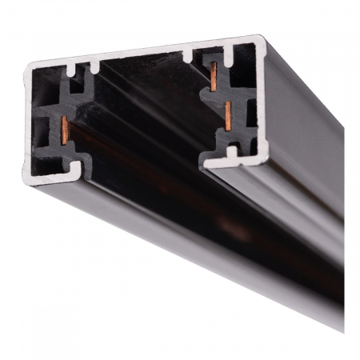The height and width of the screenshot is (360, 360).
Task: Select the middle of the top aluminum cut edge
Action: pyautogui.click(x=144, y=50)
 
